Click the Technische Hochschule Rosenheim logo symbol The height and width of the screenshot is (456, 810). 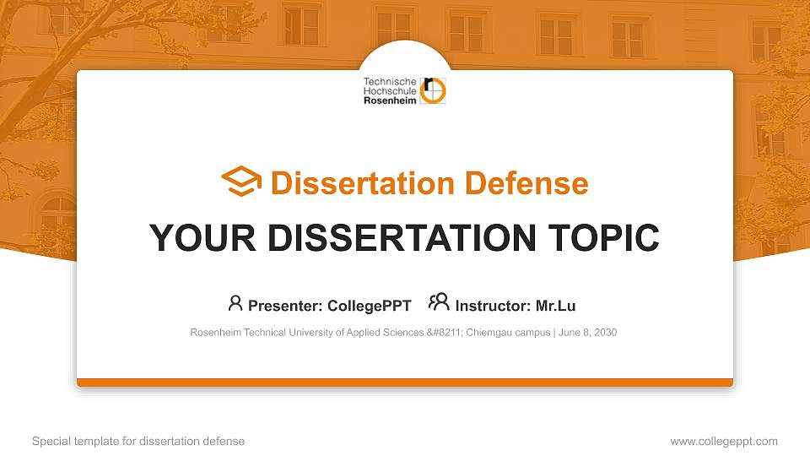434,90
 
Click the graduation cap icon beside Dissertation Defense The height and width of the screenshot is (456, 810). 241,182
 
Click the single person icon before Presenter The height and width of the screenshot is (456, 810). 235,302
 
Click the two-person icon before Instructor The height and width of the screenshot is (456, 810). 439,301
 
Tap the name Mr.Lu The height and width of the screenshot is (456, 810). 556,306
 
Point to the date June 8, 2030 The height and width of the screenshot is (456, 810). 588,333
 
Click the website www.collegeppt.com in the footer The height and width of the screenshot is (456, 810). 724,442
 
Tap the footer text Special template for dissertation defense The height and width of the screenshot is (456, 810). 138,442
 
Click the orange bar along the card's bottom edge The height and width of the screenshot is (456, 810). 405,383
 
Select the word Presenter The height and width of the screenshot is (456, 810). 281,306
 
